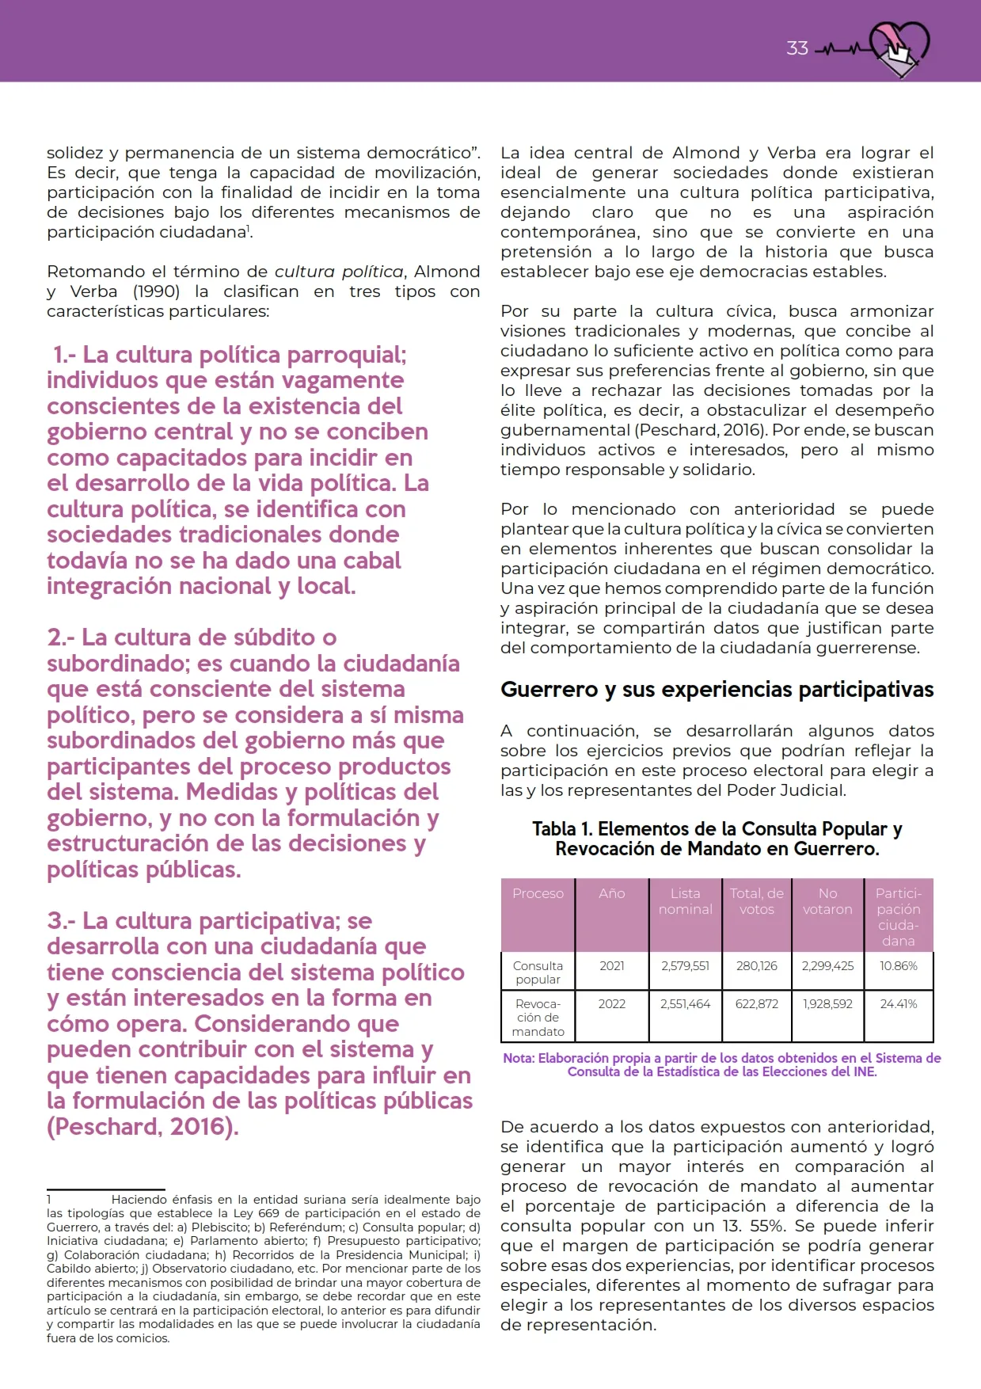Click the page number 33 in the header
click(797, 48)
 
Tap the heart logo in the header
click(899, 48)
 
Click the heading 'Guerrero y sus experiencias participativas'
click(717, 690)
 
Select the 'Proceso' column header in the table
click(538, 893)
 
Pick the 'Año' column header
click(611, 893)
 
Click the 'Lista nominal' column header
click(685, 901)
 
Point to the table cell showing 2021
click(611, 966)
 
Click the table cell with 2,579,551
click(685, 966)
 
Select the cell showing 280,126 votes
click(756, 966)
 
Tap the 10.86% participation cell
click(898, 966)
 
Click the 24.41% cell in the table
click(898, 1004)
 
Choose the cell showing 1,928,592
click(827, 1004)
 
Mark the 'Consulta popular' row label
click(538, 972)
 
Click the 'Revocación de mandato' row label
click(538, 1018)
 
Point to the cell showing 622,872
click(756, 1004)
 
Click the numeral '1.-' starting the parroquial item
click(64, 355)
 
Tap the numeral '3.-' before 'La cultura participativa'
click(61, 921)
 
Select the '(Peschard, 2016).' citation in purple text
click(143, 1127)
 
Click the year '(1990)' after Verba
click(156, 291)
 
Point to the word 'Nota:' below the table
click(519, 1059)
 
